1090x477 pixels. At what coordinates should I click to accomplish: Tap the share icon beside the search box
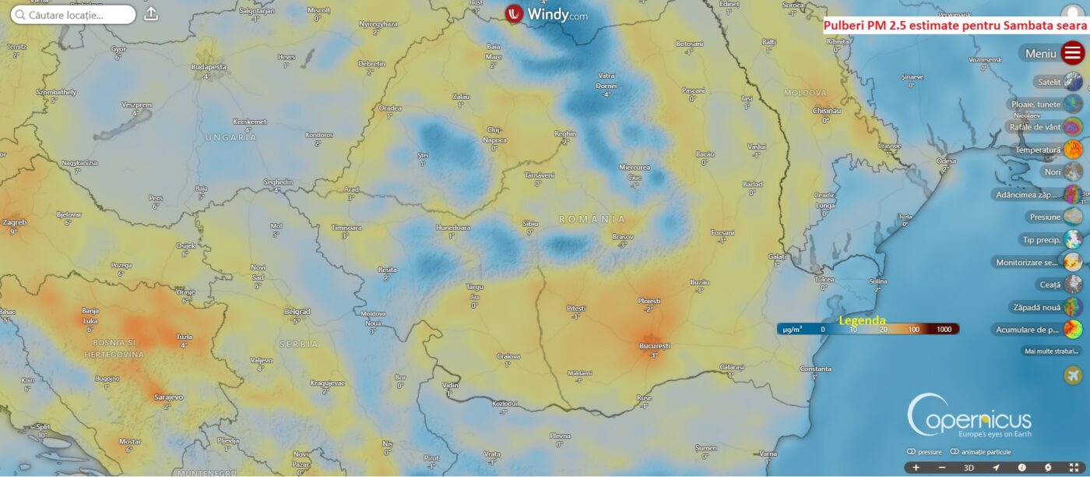click(x=151, y=14)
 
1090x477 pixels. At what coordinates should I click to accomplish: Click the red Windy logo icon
click(x=514, y=14)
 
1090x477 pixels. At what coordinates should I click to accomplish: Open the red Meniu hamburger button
click(x=1073, y=53)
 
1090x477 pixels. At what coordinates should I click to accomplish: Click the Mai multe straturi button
click(x=1052, y=351)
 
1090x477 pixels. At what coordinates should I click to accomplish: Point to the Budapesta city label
click(x=209, y=67)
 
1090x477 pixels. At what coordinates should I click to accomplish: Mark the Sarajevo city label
click(x=168, y=397)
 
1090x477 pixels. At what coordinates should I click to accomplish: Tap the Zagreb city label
click(x=14, y=222)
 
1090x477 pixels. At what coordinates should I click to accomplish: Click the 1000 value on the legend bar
click(x=944, y=330)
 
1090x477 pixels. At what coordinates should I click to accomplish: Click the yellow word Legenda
click(x=862, y=320)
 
